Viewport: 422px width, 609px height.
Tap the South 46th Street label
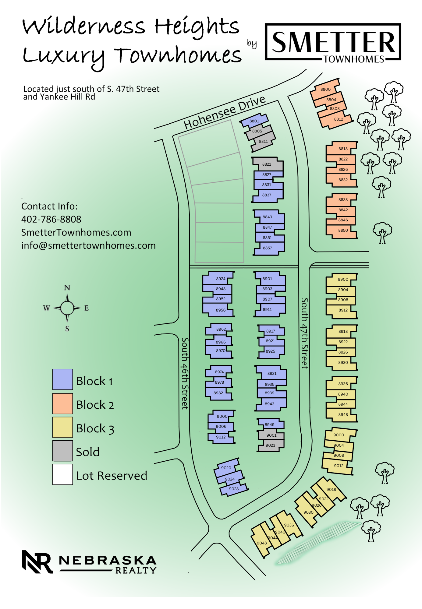pos(185,373)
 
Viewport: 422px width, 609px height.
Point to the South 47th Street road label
pos(304,333)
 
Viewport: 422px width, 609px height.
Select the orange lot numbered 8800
pos(325,89)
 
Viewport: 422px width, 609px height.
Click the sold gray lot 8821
pos(267,164)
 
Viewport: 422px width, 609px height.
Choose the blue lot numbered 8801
pos(254,121)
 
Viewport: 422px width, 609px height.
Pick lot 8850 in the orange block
pos(343,231)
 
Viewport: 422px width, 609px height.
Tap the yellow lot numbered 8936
pos(343,384)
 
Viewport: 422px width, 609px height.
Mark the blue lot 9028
pos(234,489)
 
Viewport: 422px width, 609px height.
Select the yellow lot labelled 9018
pos(331,489)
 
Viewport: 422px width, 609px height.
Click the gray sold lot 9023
pos(270,445)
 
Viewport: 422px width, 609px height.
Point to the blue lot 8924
pos(221,279)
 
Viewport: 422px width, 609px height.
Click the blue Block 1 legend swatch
pos(62,379)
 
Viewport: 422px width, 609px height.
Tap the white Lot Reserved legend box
pos(62,474)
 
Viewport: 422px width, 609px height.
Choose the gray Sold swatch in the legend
pos(62,451)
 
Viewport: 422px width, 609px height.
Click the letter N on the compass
pos(67,288)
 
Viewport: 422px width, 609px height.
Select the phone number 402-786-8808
pos(51,219)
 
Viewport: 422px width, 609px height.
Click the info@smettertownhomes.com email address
pos(88,245)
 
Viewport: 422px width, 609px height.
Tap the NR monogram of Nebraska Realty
pos(37,561)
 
